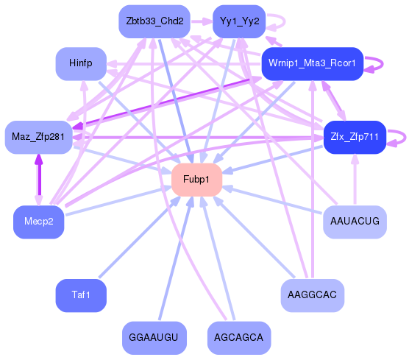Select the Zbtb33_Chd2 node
point(154,21)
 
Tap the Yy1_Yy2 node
point(239,21)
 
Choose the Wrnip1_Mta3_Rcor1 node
point(313,64)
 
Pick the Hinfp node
point(81,64)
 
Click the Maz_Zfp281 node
point(39,137)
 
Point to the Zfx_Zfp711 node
point(355,137)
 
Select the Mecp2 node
point(39,222)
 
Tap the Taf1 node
point(81,296)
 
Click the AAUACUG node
point(355,221)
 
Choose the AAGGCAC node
point(313,296)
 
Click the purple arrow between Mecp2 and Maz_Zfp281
point(39,180)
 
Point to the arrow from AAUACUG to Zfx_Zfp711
point(355,180)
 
